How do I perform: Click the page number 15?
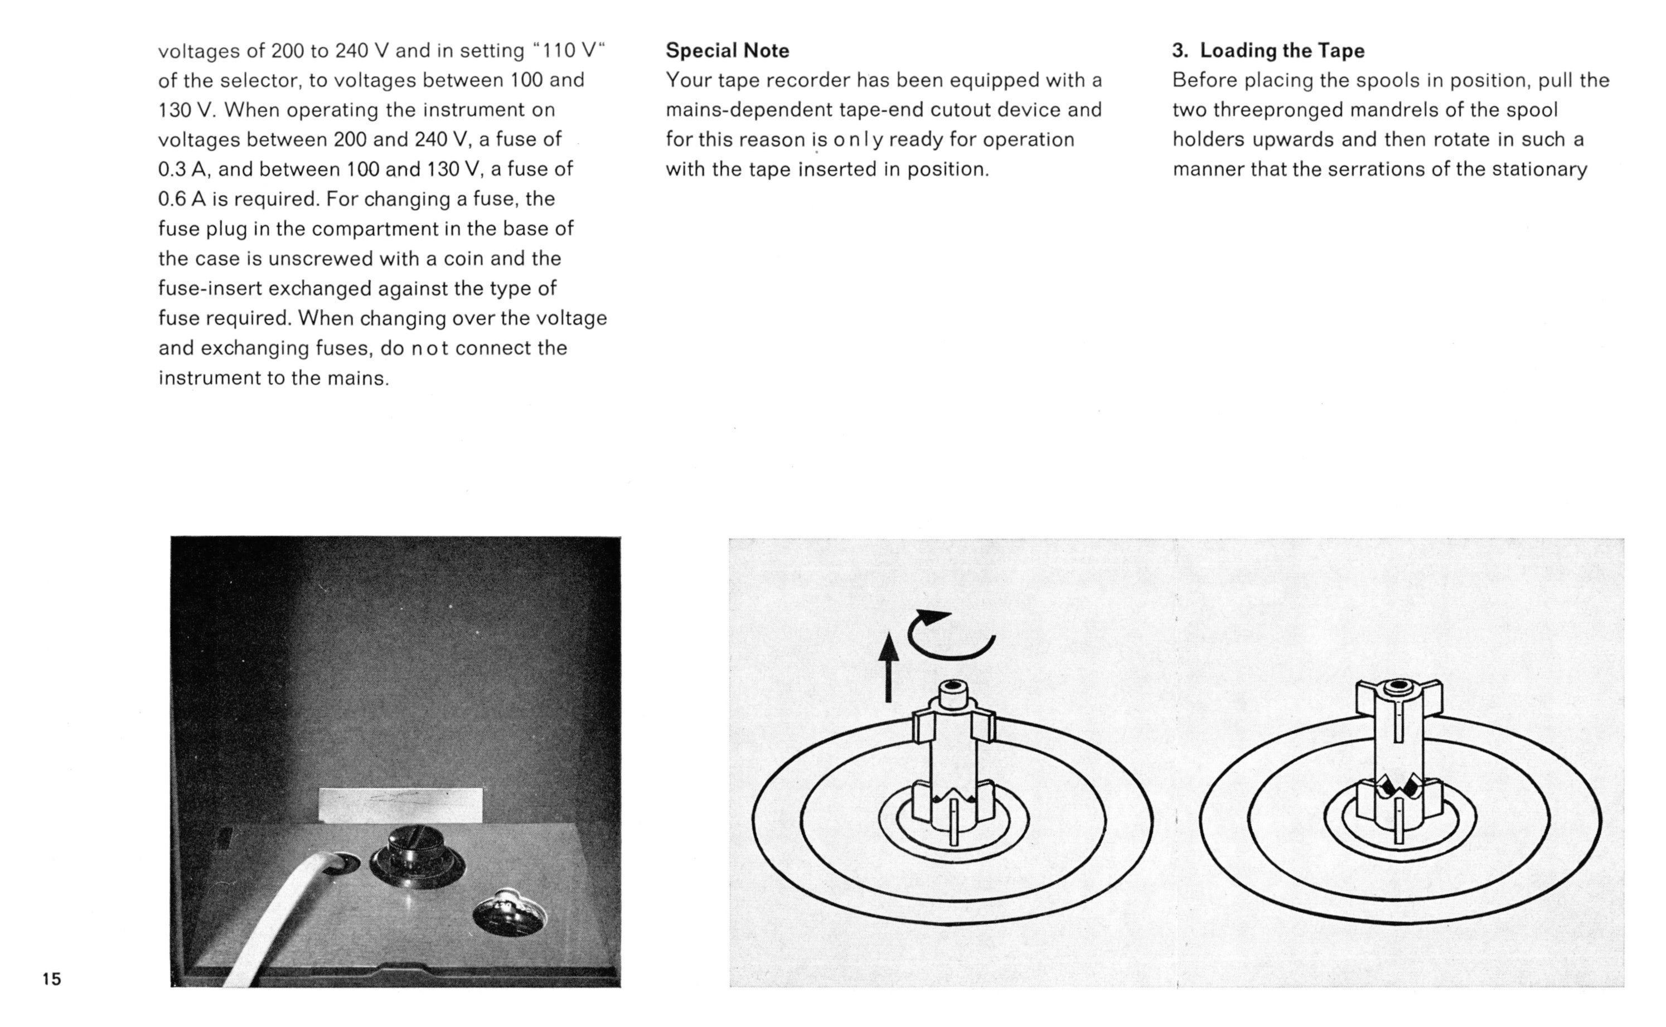pos(52,979)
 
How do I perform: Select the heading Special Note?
pos(728,51)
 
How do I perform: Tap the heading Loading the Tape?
pos(1282,51)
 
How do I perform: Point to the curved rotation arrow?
pos(951,656)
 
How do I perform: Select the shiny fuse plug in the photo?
pos(510,910)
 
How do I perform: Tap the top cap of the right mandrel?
pos(1398,688)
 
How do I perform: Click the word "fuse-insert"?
pos(210,289)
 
